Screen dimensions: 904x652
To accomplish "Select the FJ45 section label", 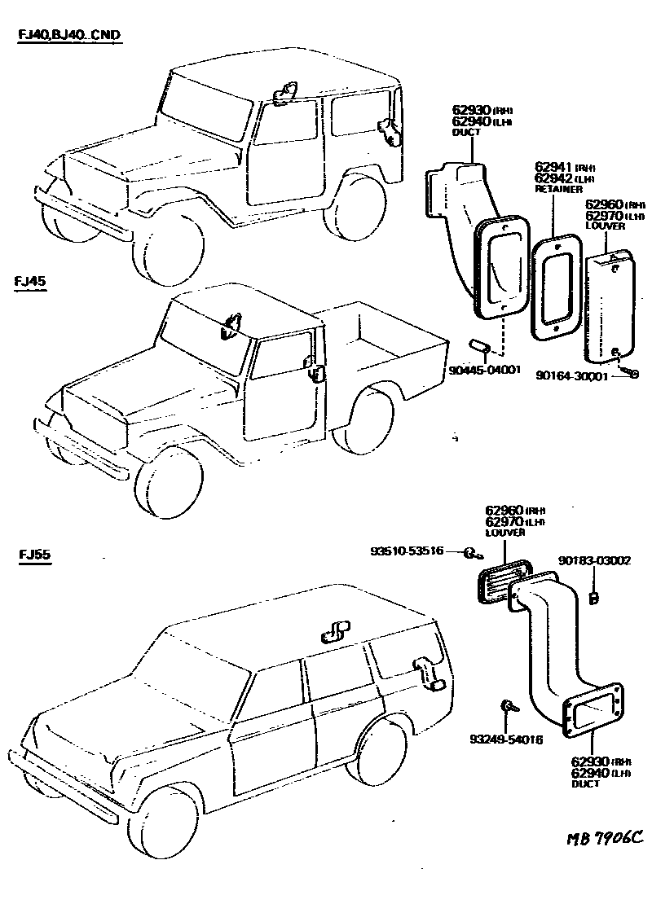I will click(30, 282).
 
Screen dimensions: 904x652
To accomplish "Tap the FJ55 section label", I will click(34, 555).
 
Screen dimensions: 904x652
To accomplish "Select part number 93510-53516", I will click(407, 551).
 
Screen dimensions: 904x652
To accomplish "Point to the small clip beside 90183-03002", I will click(593, 599).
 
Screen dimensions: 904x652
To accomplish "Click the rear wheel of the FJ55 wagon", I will click(381, 749).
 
